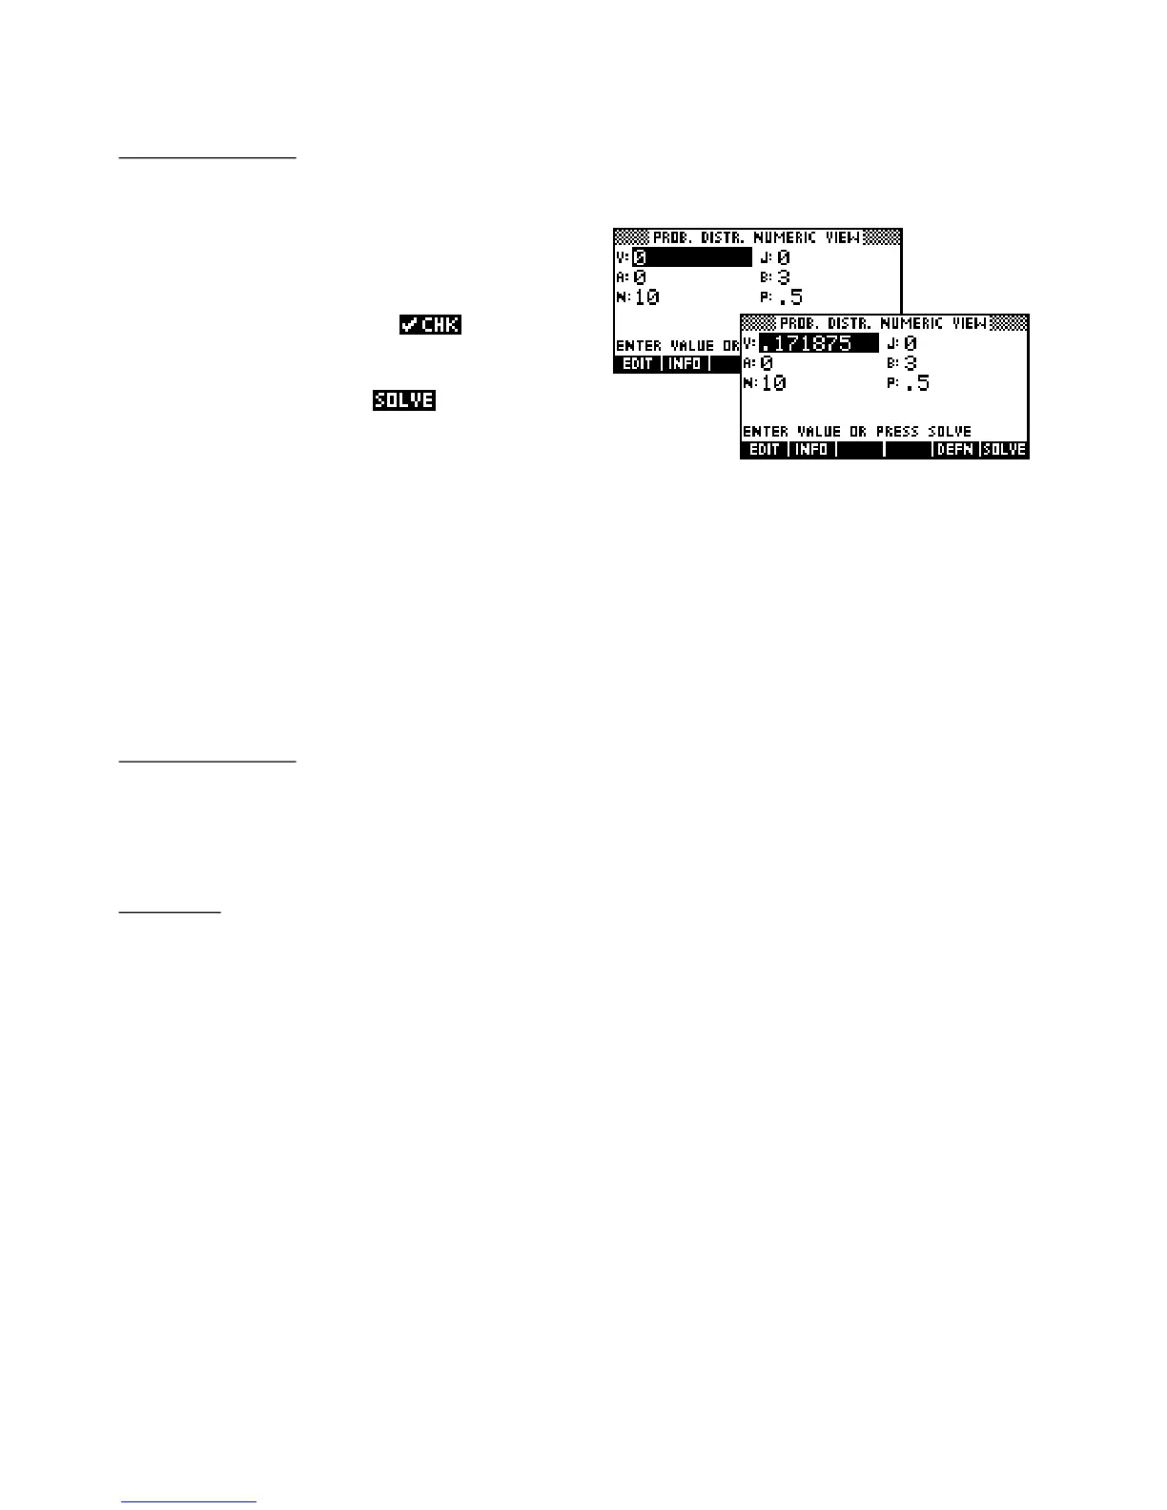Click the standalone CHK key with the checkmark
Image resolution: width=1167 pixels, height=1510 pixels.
[x=430, y=325]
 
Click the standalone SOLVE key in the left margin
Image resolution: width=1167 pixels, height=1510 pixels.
[x=404, y=400]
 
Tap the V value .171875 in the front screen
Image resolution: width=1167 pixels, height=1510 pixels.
[x=818, y=343]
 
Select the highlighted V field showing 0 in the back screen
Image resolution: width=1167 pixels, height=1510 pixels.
[x=691, y=257]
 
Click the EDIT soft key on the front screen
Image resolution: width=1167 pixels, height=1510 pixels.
[x=765, y=450]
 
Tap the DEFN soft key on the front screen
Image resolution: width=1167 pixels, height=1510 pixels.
[x=955, y=450]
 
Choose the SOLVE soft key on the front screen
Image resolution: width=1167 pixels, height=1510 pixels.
[x=1005, y=450]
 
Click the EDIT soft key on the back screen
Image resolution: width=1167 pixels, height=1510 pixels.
[x=637, y=364]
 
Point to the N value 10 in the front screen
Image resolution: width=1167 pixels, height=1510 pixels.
[x=774, y=383]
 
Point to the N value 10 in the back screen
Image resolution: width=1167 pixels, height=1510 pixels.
[x=646, y=297]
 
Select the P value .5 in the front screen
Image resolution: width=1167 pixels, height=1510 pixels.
[x=917, y=383]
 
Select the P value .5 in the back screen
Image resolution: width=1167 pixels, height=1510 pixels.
[x=790, y=297]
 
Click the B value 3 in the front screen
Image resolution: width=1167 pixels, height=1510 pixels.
[x=911, y=363]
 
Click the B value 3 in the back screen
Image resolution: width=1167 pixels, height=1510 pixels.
[x=784, y=277]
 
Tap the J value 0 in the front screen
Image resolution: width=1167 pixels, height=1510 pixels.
[x=911, y=343]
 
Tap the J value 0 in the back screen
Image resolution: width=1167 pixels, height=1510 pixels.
[x=784, y=257]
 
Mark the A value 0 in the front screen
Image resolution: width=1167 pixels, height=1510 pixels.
[x=767, y=363]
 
